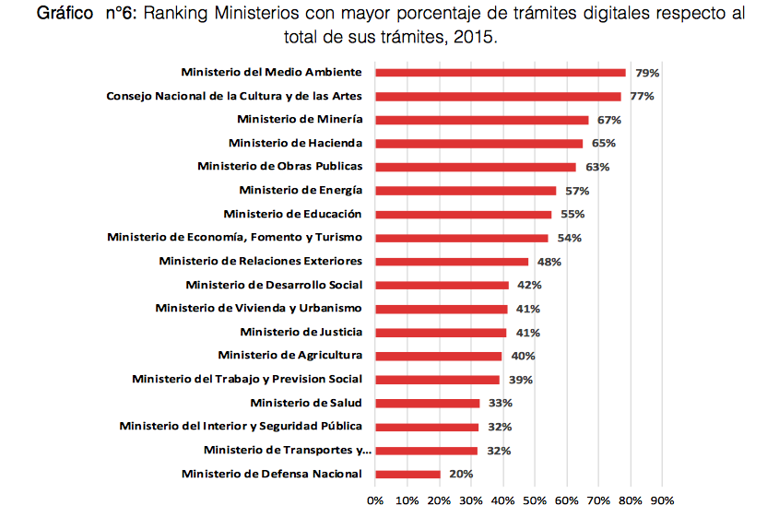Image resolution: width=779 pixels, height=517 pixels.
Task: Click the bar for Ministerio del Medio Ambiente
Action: click(501, 72)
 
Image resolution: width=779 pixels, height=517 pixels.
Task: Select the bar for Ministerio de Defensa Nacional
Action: click(407, 474)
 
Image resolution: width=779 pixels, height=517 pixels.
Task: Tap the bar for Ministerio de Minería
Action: click(481, 120)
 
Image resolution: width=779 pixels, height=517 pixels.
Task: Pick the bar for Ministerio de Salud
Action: click(428, 403)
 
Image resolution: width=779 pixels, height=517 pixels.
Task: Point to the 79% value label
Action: click(647, 73)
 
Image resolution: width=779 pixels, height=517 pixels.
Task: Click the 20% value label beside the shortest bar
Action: click(461, 474)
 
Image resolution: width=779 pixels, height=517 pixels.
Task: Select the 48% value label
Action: click(549, 262)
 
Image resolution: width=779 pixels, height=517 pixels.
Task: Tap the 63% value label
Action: click(596, 167)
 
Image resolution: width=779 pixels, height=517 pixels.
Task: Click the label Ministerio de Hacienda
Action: click(295, 143)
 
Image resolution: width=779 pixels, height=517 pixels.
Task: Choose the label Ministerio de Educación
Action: click(292, 214)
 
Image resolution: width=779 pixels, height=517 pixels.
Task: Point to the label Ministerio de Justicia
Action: click(301, 332)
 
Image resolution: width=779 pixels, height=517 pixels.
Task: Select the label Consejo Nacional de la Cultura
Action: click(234, 96)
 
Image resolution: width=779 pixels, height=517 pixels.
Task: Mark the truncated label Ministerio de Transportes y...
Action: click(288, 450)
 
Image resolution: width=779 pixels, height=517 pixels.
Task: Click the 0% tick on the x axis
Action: click(375, 500)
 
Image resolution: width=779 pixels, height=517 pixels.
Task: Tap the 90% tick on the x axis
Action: click(662, 500)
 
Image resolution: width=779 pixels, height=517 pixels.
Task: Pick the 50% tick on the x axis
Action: click(535, 500)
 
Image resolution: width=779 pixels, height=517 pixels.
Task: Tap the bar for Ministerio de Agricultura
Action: click(439, 356)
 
